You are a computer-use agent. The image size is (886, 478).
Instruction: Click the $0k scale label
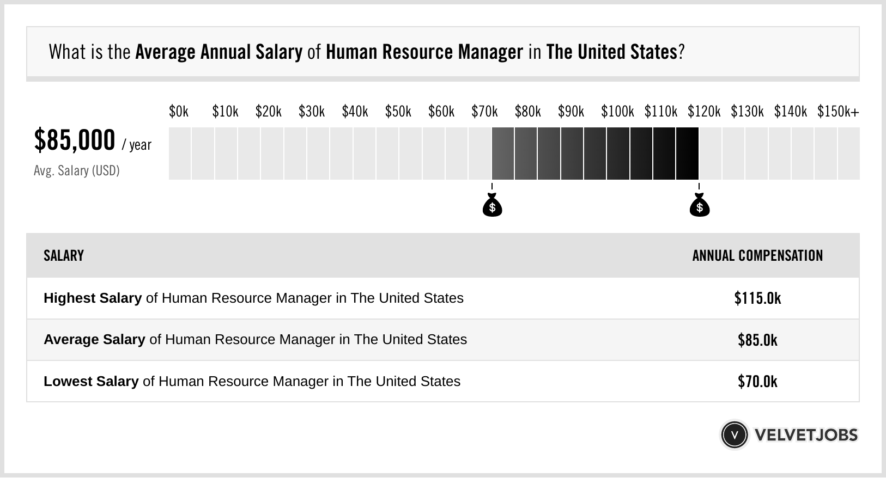click(178, 112)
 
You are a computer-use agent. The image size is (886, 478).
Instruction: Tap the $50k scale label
click(398, 112)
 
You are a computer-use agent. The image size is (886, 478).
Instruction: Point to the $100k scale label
click(617, 112)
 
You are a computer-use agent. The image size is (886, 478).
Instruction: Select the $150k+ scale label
click(838, 112)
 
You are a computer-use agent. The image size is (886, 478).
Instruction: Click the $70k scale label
click(484, 112)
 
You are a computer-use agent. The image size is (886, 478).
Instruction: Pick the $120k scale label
click(704, 112)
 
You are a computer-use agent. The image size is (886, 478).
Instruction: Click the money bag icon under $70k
click(492, 205)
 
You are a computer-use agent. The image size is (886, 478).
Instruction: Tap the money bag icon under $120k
click(700, 205)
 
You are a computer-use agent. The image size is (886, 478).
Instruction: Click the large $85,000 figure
click(75, 140)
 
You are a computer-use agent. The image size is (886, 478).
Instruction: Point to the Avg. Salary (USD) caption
click(77, 171)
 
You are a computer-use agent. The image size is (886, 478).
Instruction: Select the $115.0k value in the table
click(757, 298)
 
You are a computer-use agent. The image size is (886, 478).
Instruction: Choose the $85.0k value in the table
click(757, 340)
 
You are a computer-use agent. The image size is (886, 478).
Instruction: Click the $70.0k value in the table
click(757, 381)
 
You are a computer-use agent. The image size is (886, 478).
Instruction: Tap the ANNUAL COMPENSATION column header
click(757, 256)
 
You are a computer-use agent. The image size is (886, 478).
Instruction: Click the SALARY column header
click(64, 256)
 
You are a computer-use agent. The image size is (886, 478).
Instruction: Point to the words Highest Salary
click(93, 298)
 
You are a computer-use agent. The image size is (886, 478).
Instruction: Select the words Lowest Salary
click(91, 381)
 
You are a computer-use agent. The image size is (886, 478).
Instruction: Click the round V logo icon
click(734, 435)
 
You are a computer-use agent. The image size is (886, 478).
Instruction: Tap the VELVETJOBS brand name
click(806, 435)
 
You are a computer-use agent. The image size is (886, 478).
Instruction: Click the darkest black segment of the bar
click(687, 154)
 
